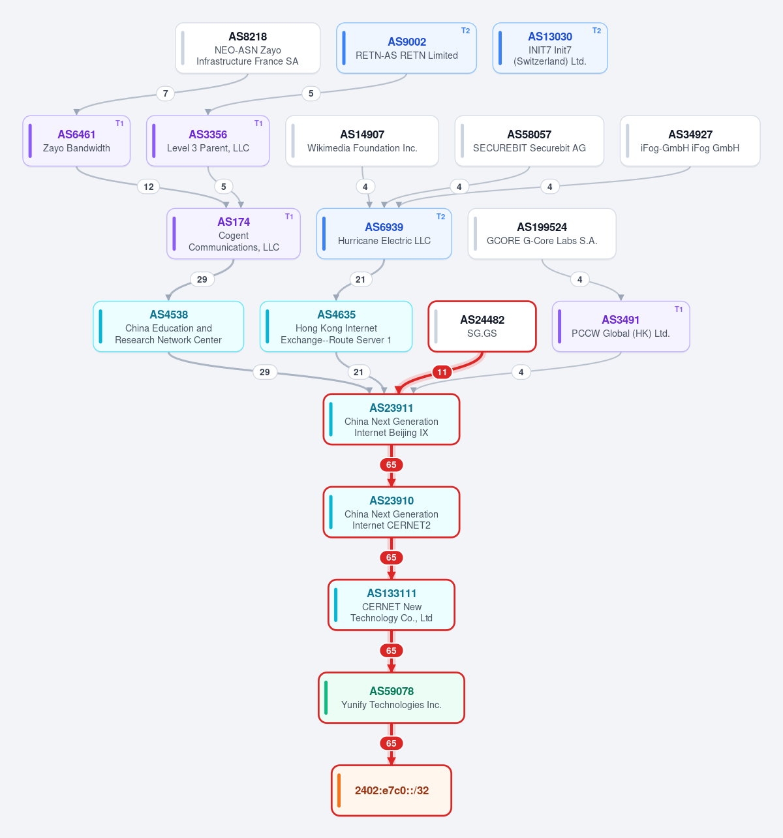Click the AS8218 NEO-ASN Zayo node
248,48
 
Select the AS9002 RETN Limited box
407,48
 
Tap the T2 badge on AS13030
596,31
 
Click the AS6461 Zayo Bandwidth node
76,141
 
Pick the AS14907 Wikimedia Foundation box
362,141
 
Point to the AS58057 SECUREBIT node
529,141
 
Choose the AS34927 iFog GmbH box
690,141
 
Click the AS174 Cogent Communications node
234,234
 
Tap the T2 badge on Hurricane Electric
440,217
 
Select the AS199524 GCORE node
542,234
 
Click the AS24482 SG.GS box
482,326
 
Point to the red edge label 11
442,372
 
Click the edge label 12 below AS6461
149,187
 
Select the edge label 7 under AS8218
165,93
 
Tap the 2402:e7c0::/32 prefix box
391,790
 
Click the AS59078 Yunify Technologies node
391,698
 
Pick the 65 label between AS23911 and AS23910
391,465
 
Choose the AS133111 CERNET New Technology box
391,605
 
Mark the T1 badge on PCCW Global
679,309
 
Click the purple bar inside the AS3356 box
153,141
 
